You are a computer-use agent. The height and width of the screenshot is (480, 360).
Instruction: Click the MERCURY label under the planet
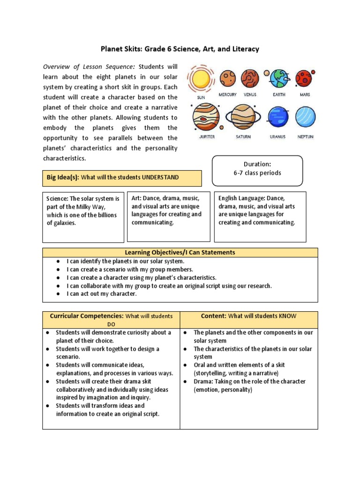tap(228, 95)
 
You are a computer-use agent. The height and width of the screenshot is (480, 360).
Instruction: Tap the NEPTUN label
tap(305, 137)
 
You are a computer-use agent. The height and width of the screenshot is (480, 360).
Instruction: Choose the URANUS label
tap(277, 137)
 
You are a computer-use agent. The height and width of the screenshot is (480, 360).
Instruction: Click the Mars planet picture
tap(304, 78)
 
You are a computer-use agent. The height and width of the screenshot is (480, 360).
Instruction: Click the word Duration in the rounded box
tap(257, 164)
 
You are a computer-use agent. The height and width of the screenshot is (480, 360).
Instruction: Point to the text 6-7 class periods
tap(257, 173)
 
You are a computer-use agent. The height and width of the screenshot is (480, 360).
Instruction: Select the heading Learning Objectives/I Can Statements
tap(180, 252)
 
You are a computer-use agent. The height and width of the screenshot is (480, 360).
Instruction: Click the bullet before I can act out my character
tap(58, 294)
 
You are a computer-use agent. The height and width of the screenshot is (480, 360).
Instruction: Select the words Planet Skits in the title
tap(121, 49)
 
